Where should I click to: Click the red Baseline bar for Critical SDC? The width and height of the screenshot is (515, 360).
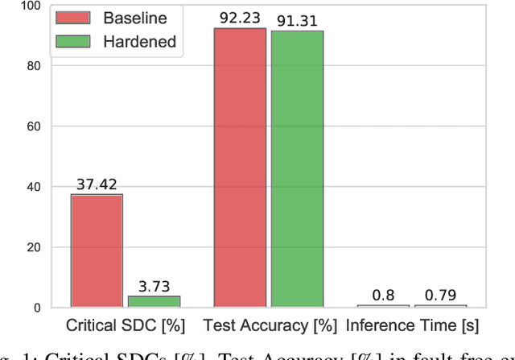coord(97,250)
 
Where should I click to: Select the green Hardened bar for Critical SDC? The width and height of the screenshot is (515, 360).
coord(154,301)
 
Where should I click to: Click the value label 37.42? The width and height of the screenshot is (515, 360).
coord(97,184)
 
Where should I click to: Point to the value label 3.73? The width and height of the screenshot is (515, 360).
coord(154,286)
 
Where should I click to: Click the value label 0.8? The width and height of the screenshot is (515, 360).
coord(383,295)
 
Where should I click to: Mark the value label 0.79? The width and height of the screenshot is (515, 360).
coord(440,295)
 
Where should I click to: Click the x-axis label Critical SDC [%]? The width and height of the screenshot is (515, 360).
coord(126,327)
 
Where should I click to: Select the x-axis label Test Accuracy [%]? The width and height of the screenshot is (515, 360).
coord(270,327)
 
